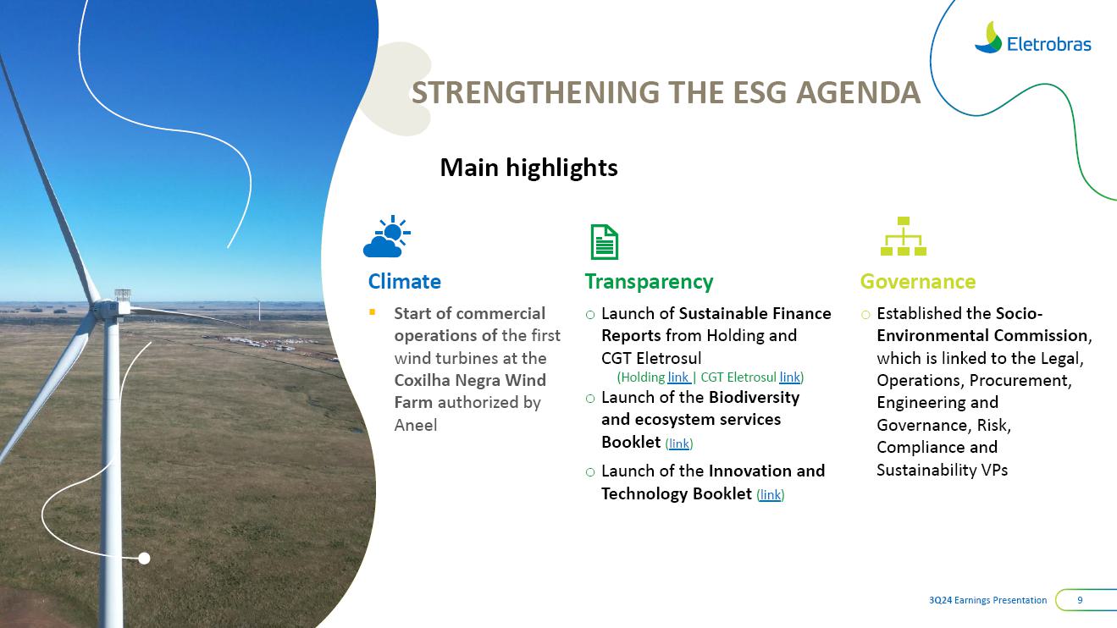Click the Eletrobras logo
point(1032,38)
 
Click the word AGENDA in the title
point(858,93)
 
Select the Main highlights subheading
point(528,168)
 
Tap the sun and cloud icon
point(386,236)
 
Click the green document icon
point(605,242)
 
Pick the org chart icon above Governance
point(903,236)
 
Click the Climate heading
point(405,282)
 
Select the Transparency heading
point(649,282)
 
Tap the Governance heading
point(917,282)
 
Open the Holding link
point(678,377)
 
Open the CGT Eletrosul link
point(789,377)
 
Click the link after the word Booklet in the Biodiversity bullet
point(678,443)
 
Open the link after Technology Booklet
point(770,495)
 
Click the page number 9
point(1080,600)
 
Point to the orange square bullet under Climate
point(372,312)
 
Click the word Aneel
point(416,425)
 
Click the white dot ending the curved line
point(144,559)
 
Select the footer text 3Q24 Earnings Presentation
point(987,600)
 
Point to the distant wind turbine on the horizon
point(259,310)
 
